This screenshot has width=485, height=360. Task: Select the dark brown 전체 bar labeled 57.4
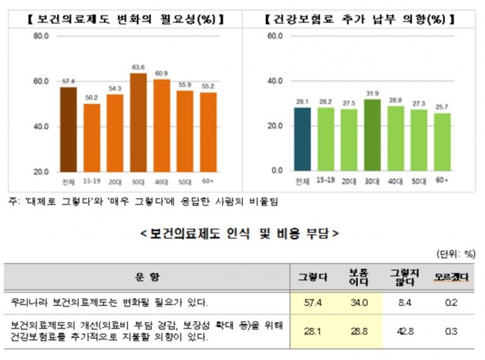68,129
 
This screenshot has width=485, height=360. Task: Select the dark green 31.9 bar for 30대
372,135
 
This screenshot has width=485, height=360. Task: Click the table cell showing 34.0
358,302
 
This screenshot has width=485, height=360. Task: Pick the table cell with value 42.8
404,331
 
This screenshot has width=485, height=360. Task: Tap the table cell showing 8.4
404,302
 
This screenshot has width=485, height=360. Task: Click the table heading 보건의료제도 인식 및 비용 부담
239,233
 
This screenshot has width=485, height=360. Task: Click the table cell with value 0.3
449,331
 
